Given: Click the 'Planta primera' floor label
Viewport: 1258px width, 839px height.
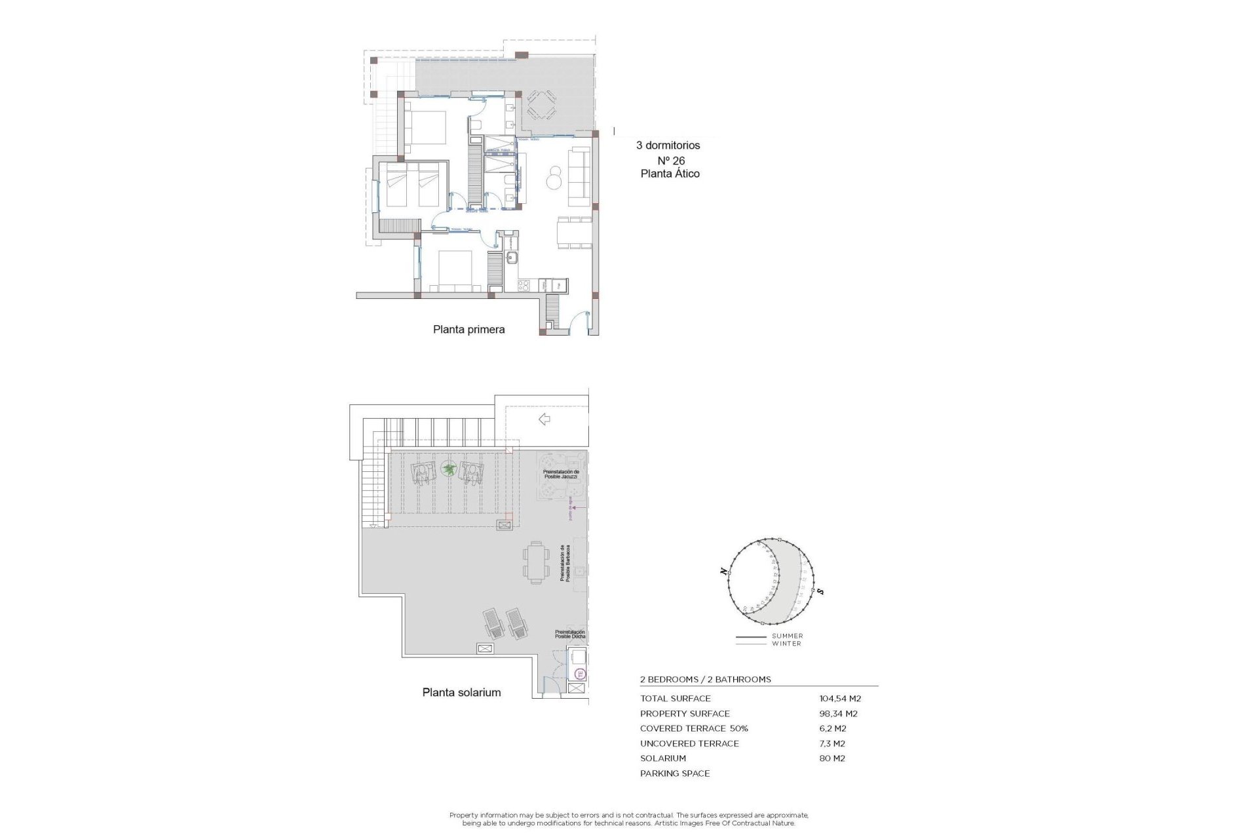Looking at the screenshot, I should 468,330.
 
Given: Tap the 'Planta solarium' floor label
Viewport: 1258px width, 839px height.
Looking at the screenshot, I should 461,692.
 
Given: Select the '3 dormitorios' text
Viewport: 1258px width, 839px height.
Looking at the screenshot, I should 668,146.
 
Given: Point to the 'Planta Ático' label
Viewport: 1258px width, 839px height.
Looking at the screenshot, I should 670,174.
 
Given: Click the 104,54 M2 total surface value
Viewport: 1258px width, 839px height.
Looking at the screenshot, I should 840,699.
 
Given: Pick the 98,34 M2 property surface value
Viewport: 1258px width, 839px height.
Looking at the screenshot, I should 838,714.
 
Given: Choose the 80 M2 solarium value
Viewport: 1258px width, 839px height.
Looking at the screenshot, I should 832,758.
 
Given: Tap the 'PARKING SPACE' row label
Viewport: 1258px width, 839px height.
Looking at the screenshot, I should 675,773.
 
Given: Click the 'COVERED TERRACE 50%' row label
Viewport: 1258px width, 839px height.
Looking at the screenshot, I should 694,728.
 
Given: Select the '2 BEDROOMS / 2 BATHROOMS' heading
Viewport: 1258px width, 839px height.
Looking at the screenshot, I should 705,680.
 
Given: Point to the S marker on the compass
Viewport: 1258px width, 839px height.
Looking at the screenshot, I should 820,592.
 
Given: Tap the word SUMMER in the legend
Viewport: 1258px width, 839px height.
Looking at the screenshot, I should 787,636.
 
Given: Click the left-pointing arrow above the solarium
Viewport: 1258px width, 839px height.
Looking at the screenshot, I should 544,419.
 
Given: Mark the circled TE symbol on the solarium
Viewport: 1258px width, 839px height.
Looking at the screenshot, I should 579,674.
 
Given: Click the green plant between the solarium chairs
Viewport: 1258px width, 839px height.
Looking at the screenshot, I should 449,469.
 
